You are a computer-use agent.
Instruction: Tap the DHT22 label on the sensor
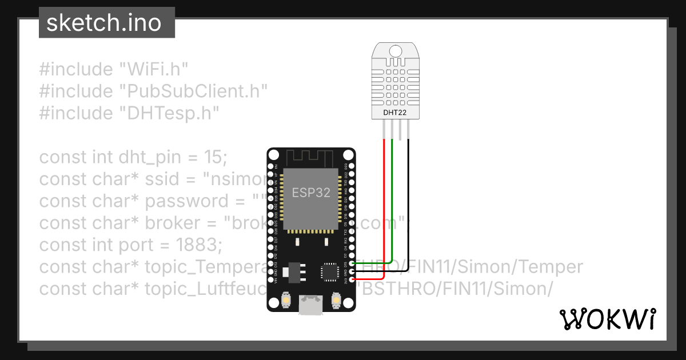(394, 113)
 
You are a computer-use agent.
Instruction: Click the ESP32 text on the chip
(311, 193)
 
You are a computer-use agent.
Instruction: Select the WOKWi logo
(607, 319)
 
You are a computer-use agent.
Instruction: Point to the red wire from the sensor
(384, 206)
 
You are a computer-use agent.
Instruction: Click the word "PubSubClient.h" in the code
(193, 91)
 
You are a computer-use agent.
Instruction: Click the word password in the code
(187, 201)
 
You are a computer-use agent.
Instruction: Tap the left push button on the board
(286, 300)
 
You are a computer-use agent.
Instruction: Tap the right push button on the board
(336, 300)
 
